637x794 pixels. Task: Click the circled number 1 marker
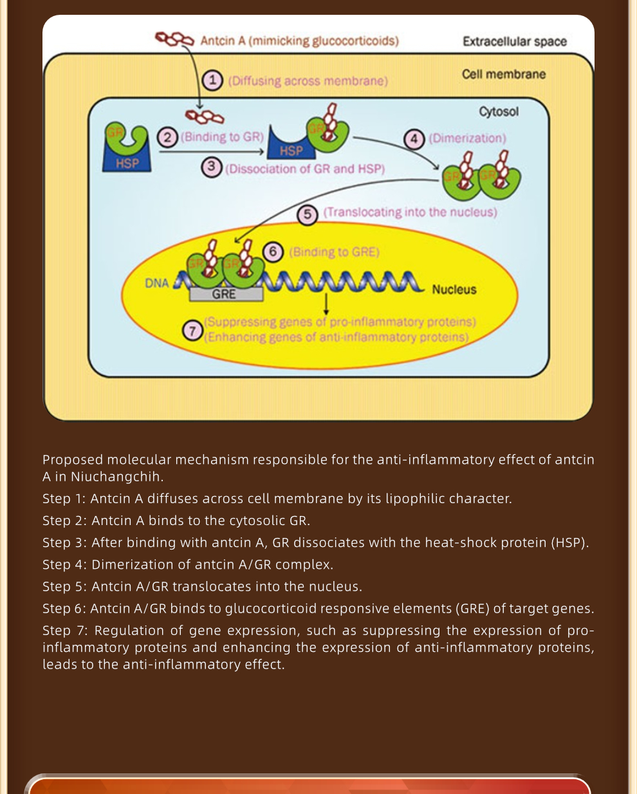tap(212, 80)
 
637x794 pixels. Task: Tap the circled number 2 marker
tap(167, 138)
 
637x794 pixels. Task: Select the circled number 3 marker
tap(212, 167)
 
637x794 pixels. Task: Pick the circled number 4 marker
tap(414, 139)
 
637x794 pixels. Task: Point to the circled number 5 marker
tap(308, 214)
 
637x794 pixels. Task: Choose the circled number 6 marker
tap(273, 252)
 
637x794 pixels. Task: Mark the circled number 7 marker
tap(192, 330)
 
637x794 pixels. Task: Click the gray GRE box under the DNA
tap(226, 295)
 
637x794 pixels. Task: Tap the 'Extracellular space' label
tap(515, 41)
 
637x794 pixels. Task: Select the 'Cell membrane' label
tap(504, 74)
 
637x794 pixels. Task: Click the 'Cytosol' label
tap(499, 111)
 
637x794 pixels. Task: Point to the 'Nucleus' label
tap(454, 290)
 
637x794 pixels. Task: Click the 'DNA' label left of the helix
tap(157, 283)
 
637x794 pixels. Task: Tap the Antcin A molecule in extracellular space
tap(174, 39)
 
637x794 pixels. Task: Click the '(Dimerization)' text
tap(467, 138)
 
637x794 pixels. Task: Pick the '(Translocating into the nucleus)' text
tap(411, 212)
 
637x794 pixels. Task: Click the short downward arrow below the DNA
tap(326, 304)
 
